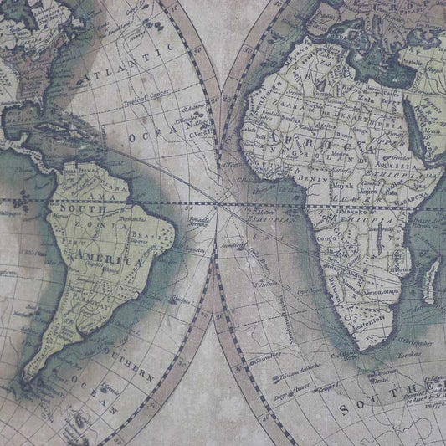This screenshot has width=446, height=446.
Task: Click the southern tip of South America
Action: point(33,387)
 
